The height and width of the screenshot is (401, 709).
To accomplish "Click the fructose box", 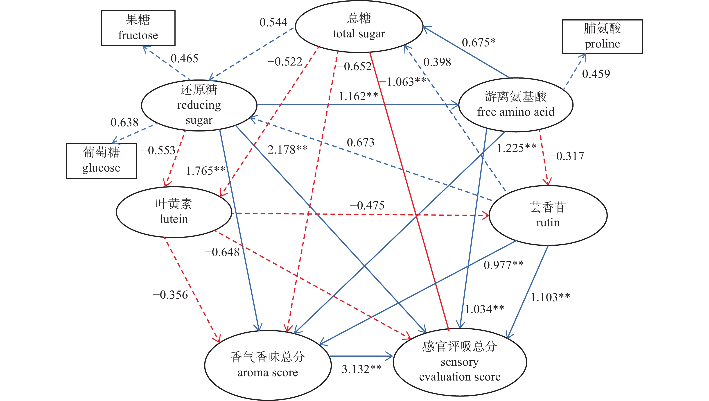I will pyautogui.click(x=138, y=28).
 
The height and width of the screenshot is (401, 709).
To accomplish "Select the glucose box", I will pyautogui.click(x=101, y=161).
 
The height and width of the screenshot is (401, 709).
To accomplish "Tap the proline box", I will pyautogui.click(x=602, y=36).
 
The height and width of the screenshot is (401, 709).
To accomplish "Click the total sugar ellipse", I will pyautogui.click(x=359, y=26).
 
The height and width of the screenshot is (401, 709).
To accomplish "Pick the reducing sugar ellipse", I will pyautogui.click(x=199, y=105).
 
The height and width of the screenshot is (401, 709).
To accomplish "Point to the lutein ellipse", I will pyautogui.click(x=174, y=212).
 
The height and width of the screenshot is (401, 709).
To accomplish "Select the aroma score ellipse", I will pyautogui.click(x=268, y=365).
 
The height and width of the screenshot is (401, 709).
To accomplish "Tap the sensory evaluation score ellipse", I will pyautogui.click(x=460, y=362).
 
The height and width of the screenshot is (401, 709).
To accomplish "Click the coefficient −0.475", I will pyautogui.click(x=367, y=206).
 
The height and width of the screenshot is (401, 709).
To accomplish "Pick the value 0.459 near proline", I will pyautogui.click(x=596, y=74).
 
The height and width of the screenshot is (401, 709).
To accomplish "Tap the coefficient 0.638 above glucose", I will pyautogui.click(x=124, y=122).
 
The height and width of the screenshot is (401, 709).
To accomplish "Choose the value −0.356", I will pyautogui.click(x=170, y=295).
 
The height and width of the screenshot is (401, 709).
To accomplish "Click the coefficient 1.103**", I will pyautogui.click(x=550, y=297).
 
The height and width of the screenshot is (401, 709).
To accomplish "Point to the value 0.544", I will pyautogui.click(x=273, y=23).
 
